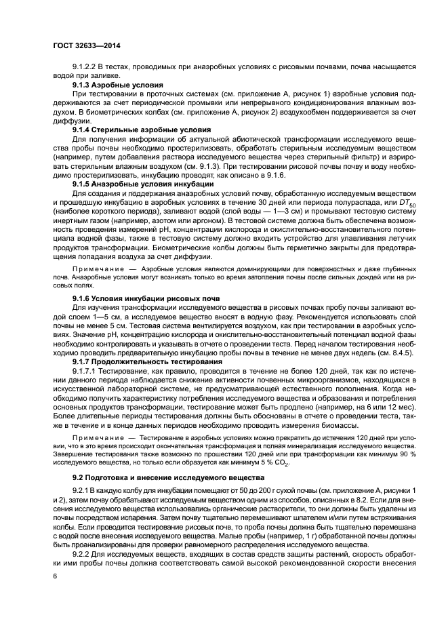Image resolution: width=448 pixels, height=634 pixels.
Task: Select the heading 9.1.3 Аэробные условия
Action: click(112, 85)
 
